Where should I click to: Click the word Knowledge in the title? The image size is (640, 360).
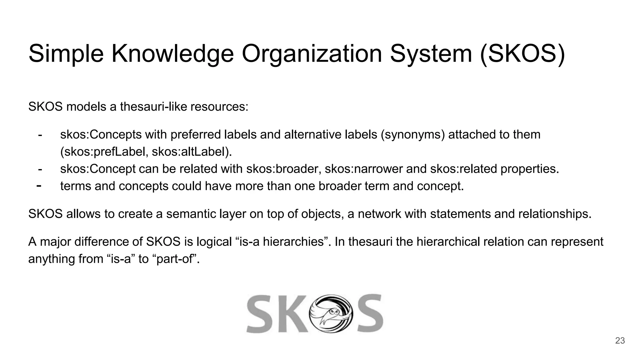tap(172, 54)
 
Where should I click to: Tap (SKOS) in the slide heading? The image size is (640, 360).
tap(522, 54)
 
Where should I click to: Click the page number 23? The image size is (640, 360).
tap(620, 341)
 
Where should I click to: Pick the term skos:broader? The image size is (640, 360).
tap(284, 169)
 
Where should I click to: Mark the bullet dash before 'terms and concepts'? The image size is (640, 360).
tap(39, 186)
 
